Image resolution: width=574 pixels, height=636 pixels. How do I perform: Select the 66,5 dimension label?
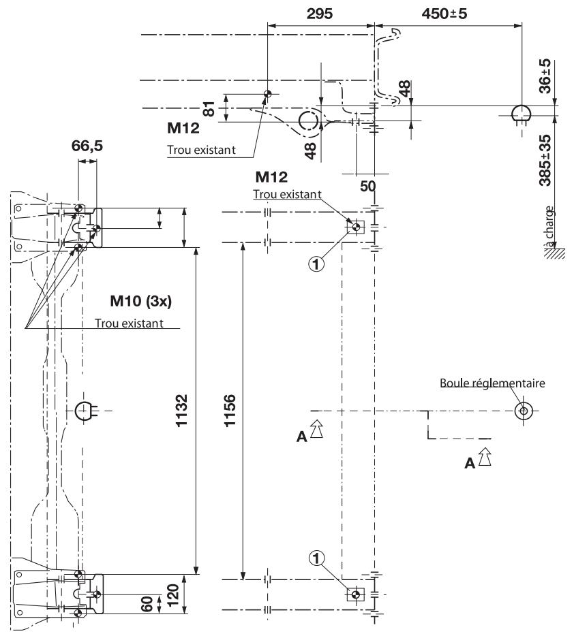pos(87,146)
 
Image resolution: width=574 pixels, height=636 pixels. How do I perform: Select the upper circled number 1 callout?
pos(316,259)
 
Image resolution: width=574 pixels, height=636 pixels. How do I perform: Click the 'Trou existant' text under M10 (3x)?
pos(137,321)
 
